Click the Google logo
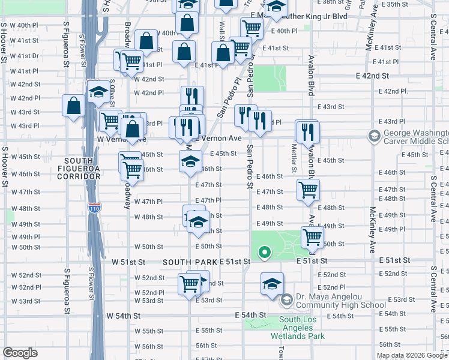point(20,353)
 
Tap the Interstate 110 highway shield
point(97,208)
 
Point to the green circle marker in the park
point(263,253)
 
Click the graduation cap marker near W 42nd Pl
point(98,92)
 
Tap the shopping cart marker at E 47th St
point(308,190)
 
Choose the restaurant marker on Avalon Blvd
point(308,132)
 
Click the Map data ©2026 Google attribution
point(411,355)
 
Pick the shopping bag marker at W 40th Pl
point(146,41)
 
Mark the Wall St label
point(221,27)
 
